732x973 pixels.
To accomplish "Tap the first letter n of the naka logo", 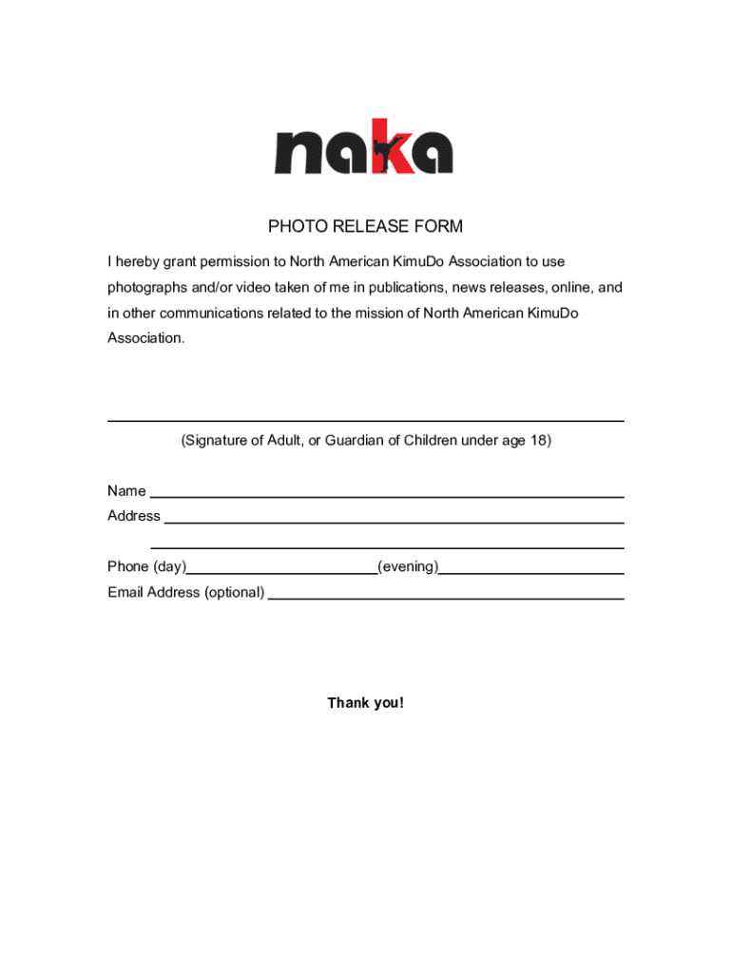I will [x=297, y=154].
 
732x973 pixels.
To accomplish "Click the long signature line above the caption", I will [x=365, y=420].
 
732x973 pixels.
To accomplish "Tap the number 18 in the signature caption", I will [x=538, y=441].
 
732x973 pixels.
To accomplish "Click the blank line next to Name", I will [x=387, y=496].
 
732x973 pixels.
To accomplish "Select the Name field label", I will [x=126, y=491].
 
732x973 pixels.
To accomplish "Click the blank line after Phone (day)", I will [x=281, y=573].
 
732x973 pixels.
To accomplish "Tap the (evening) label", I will [x=408, y=567].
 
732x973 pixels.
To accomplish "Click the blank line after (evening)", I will [x=531, y=573].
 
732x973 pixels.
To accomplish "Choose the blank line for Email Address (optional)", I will [x=446, y=598].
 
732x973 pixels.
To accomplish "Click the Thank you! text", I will [x=366, y=703].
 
